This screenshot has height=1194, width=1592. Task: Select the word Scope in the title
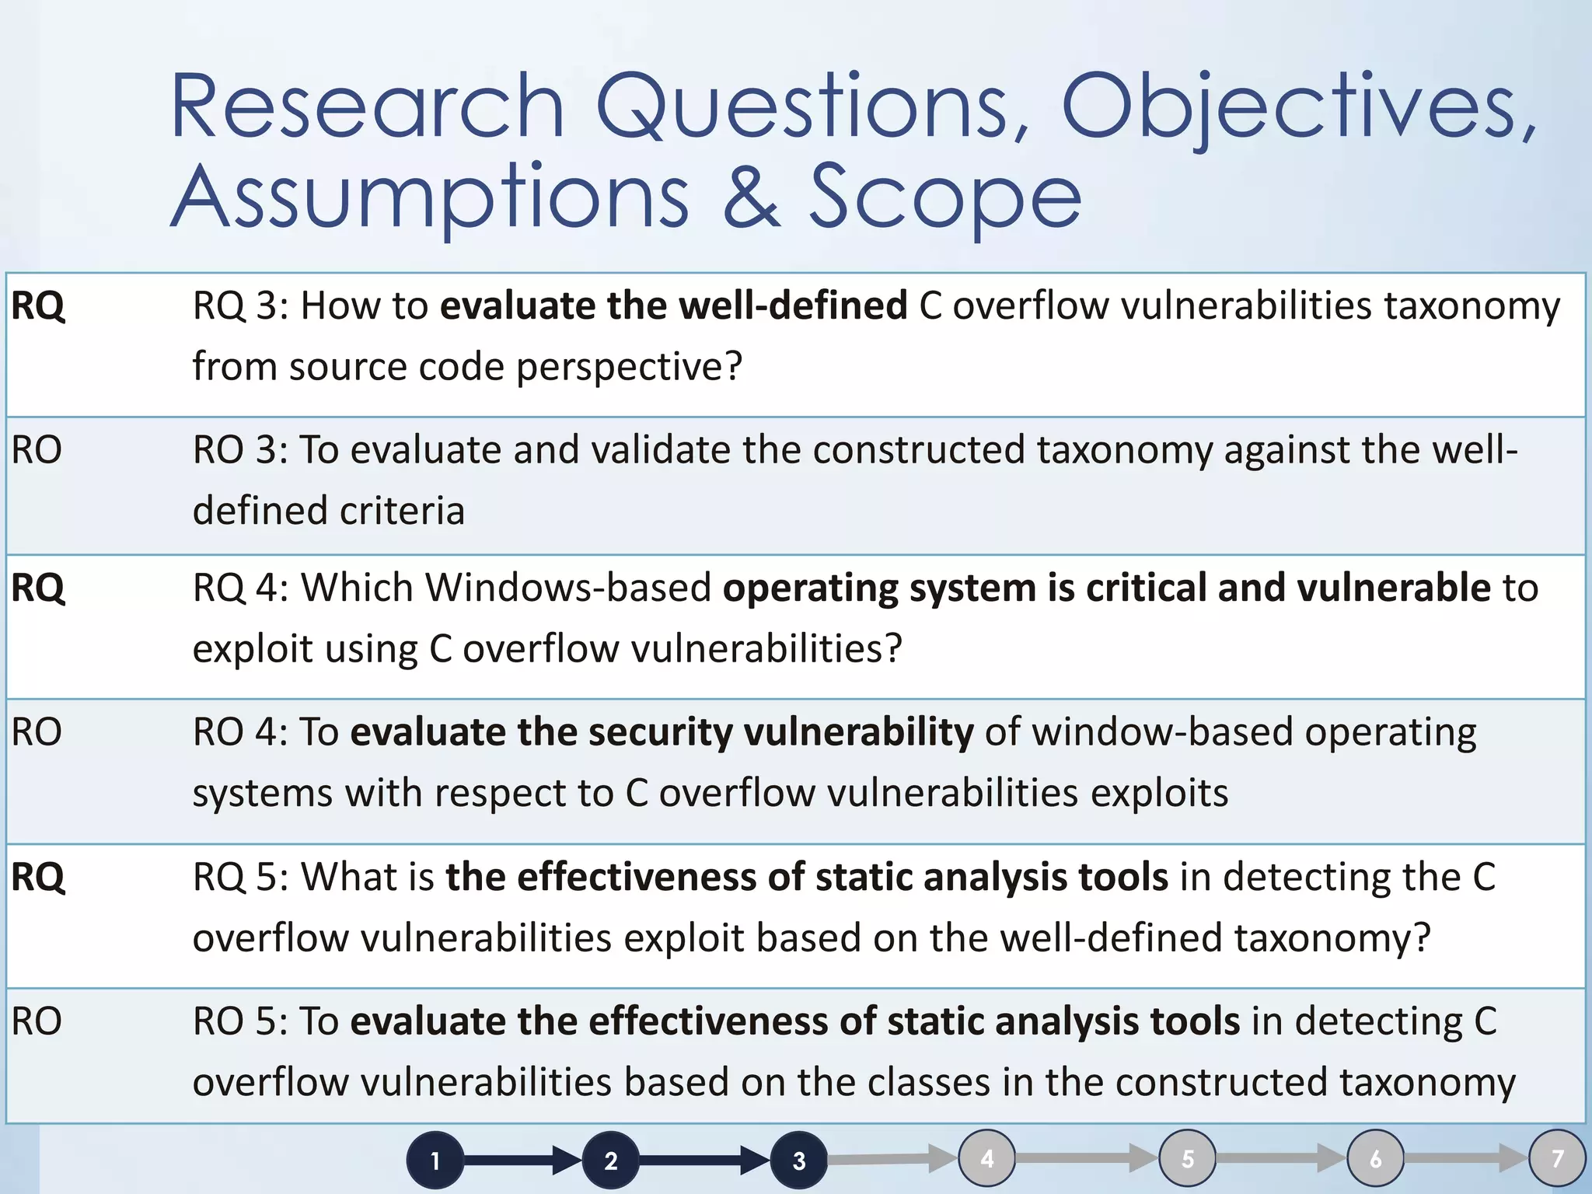(x=945, y=197)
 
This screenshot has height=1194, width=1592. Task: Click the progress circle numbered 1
(x=435, y=1161)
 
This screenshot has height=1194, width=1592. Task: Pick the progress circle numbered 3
(x=798, y=1161)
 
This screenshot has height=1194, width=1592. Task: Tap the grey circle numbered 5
(x=1187, y=1158)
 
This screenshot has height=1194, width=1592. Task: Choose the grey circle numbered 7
(x=1557, y=1158)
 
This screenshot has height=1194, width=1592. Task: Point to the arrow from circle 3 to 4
(x=891, y=1159)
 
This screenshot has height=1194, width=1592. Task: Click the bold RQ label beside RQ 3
(x=38, y=305)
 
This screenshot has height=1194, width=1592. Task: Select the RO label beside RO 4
(x=37, y=732)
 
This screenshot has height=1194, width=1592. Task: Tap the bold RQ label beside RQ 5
(x=38, y=877)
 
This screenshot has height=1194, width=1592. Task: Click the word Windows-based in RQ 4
(x=568, y=588)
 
